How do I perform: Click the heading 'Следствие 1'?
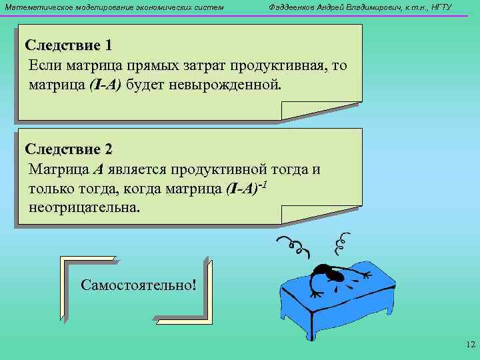pos(69,45)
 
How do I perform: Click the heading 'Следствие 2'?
pos(69,149)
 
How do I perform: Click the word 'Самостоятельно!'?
pos(139,285)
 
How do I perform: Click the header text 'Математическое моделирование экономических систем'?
pos(114,7)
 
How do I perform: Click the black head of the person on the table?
pos(324,271)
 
